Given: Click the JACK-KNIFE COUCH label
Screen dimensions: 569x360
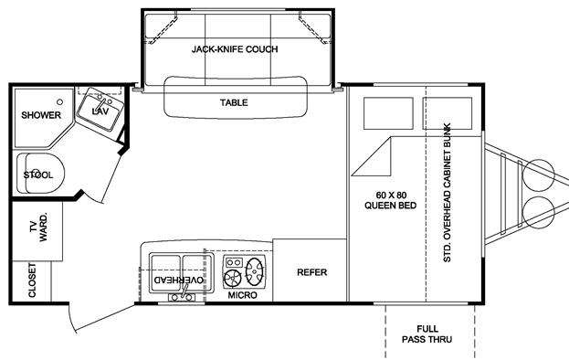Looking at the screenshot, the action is tap(235, 49).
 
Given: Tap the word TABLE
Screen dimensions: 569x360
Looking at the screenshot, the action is tap(234, 102).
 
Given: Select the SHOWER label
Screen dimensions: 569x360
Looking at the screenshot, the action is tap(41, 115).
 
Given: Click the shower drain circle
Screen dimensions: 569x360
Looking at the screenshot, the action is tap(60, 102).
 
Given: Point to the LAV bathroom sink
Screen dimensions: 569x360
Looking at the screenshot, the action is tap(100, 109).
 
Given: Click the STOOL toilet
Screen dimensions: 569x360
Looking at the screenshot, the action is tap(40, 174).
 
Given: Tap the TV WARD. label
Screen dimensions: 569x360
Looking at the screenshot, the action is tap(38, 228).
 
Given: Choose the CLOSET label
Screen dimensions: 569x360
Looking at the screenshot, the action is tap(32, 281).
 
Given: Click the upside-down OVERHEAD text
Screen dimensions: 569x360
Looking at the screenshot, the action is tap(178, 281).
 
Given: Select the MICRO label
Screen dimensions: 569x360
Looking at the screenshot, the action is tap(242, 295).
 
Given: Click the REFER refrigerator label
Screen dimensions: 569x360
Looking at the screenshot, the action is tap(311, 272).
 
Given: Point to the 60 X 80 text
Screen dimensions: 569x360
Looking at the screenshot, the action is tap(391, 196).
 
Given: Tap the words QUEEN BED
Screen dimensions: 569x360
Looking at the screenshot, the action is tap(391, 206).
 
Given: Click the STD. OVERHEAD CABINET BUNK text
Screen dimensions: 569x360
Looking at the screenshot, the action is tap(448, 193).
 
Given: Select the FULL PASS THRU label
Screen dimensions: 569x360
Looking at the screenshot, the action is tap(427, 334).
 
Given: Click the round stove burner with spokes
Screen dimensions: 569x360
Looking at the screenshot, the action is tap(232, 279).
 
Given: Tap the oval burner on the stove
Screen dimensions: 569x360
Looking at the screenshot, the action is tap(255, 271).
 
